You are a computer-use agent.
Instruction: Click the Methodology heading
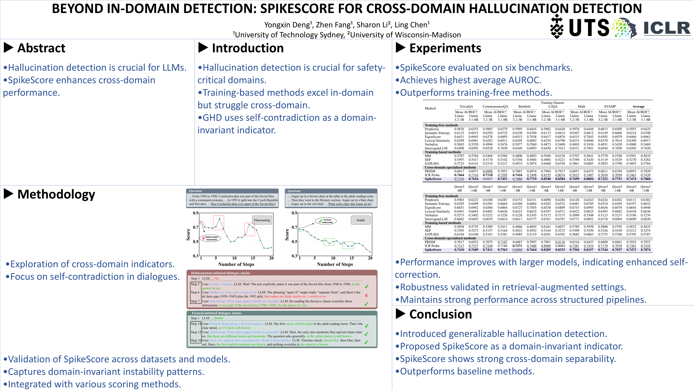click(x=56, y=194)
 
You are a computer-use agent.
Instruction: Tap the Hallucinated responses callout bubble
click(x=210, y=238)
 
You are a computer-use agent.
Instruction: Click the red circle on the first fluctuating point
click(x=202, y=222)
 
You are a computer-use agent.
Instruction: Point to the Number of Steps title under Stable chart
click(x=335, y=264)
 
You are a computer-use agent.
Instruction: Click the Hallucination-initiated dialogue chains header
click(x=221, y=273)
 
